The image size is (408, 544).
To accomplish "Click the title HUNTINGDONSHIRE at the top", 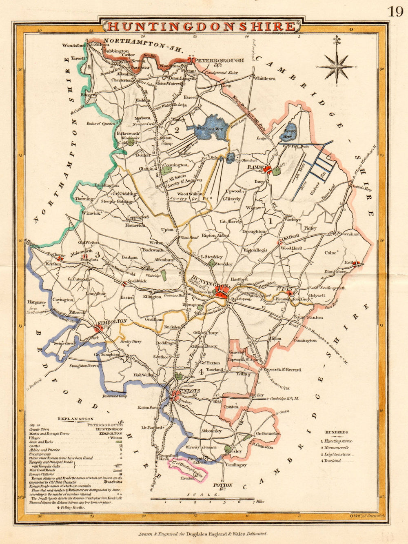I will point(201,27).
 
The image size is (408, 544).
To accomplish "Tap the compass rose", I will point(336,66).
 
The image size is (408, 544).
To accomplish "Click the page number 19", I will point(395,11).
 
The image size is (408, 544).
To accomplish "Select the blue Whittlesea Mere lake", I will point(212,124).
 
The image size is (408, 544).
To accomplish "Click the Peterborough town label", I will point(220,60).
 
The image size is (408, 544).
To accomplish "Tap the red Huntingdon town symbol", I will point(222,293).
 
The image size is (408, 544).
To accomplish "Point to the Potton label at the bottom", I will point(223,485).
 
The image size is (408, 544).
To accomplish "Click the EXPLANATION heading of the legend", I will point(75,419).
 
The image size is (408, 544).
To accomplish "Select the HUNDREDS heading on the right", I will point(337,432).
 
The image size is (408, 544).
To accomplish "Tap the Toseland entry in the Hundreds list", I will point(335,461).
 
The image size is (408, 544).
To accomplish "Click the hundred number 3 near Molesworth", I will point(97,255).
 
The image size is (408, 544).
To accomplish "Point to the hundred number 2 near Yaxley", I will point(177,130).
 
